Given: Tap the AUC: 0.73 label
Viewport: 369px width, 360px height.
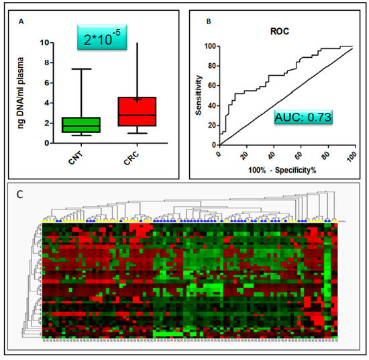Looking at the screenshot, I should tap(304, 119).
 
